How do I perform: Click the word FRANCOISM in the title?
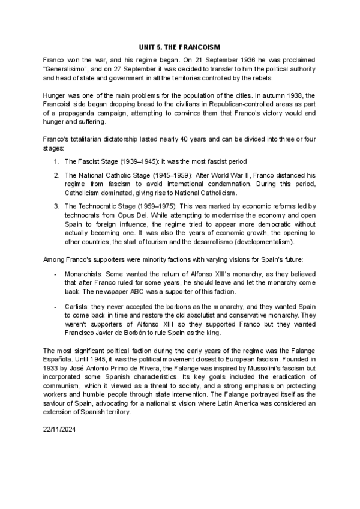pos(199,47)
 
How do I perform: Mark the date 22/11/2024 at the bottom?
pos(60,430)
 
